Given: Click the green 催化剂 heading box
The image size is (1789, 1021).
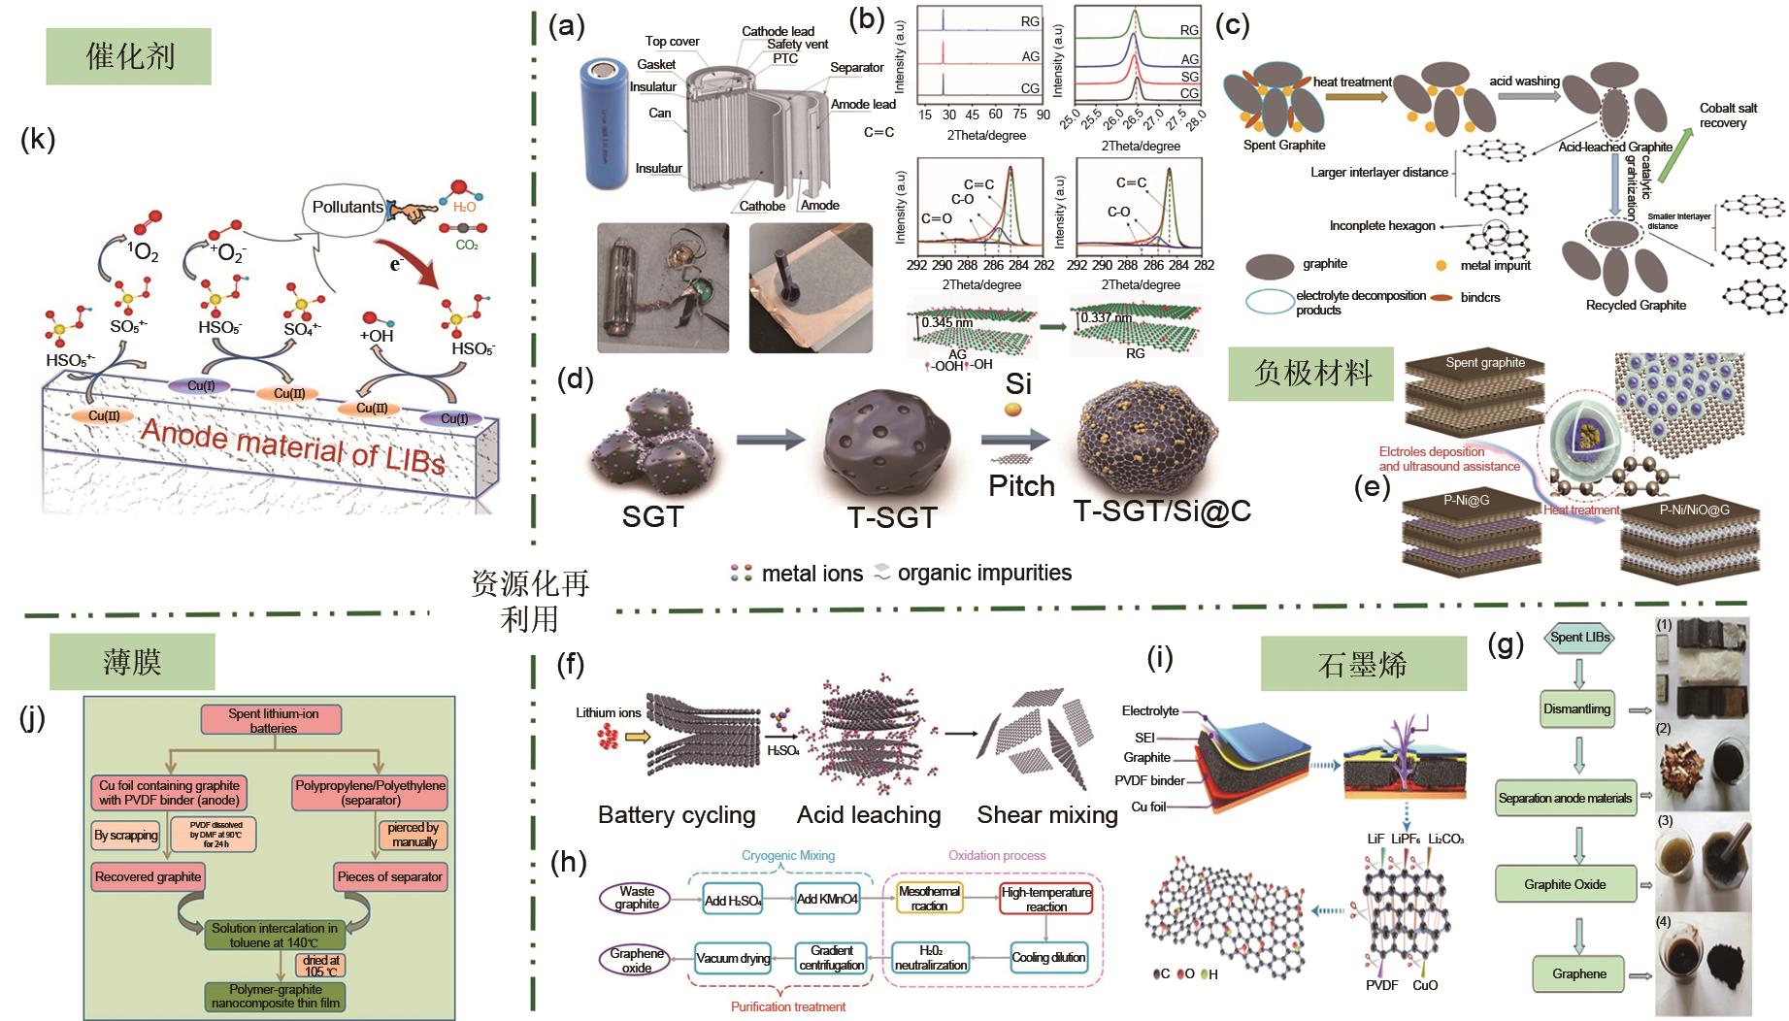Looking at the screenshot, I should click(x=129, y=55).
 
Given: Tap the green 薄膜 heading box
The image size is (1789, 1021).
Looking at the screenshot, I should click(x=132, y=662).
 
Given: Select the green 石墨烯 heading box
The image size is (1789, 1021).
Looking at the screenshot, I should click(x=1363, y=664).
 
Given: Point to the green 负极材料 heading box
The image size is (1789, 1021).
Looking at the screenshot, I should click(x=1312, y=373).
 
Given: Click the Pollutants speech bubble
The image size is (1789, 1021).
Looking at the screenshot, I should click(x=348, y=207).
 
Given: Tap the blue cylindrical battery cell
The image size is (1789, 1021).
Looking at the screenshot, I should click(x=610, y=122).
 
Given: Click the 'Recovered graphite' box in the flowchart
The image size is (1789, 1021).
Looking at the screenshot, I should click(x=148, y=876).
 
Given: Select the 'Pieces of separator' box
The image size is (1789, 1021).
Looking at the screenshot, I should click(x=389, y=876).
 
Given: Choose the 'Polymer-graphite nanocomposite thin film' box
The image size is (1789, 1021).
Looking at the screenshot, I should click(x=276, y=996).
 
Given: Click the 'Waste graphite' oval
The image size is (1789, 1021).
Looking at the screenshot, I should click(x=637, y=898).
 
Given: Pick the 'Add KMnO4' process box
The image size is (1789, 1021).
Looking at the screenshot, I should click(x=827, y=899).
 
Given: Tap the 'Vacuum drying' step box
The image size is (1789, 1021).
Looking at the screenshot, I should click(x=733, y=958).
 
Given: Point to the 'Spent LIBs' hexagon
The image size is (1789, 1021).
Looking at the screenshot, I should click(x=1579, y=638).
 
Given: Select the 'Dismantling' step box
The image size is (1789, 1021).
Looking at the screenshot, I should click(x=1576, y=708).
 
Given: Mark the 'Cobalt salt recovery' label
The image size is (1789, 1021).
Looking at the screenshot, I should click(x=1728, y=115).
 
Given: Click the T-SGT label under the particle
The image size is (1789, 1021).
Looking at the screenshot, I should click(x=892, y=517).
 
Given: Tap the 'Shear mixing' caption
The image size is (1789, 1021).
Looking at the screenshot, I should click(x=1047, y=814).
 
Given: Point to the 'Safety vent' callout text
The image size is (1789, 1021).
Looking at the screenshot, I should click(x=797, y=45).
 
